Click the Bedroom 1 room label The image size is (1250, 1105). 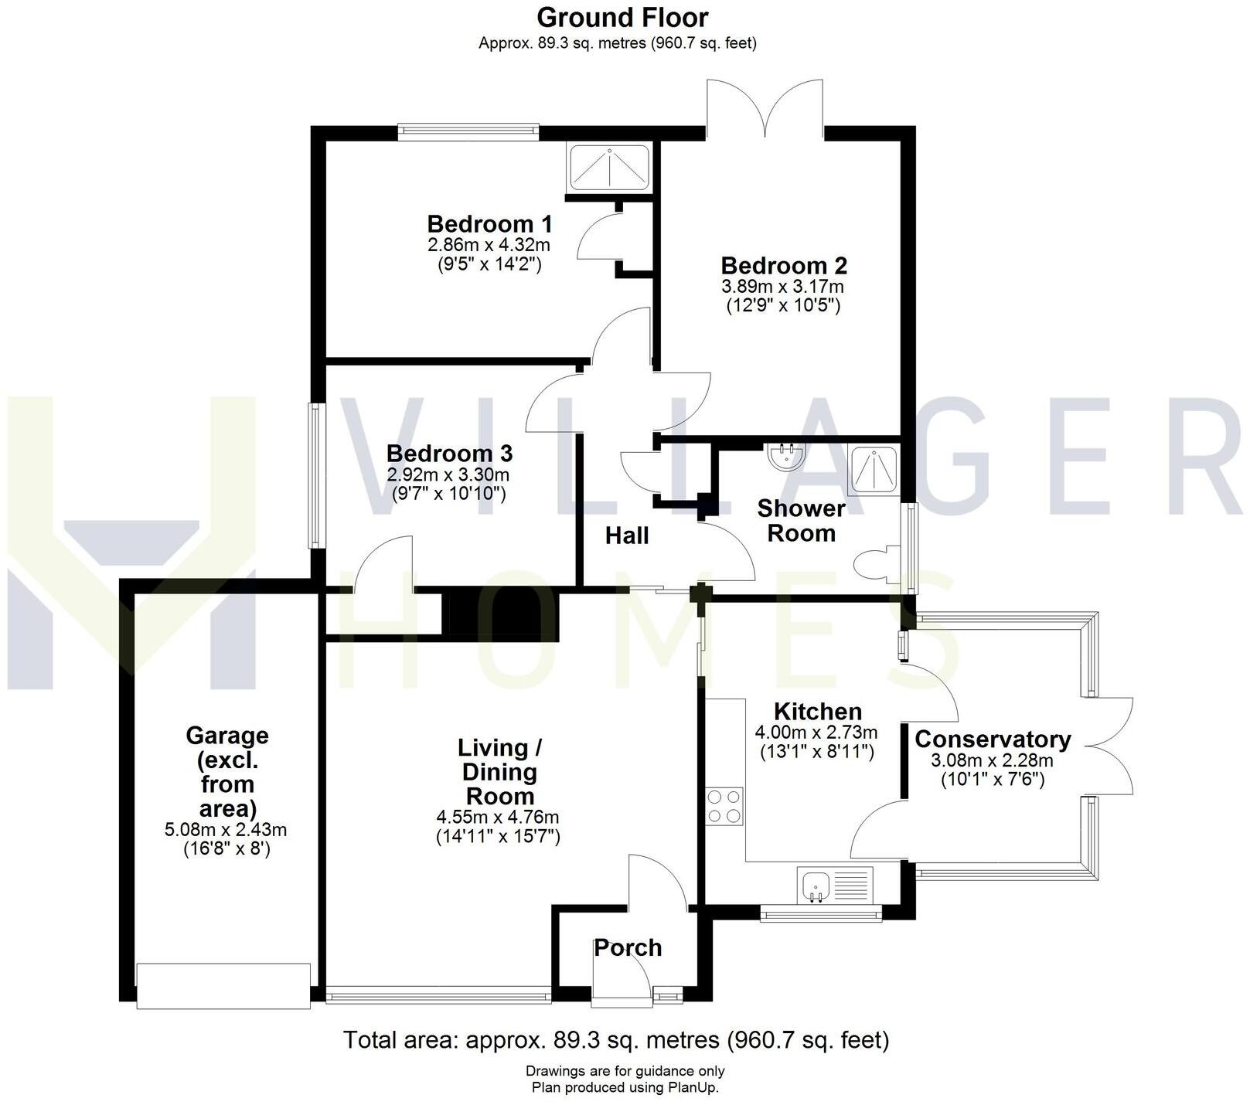tap(489, 224)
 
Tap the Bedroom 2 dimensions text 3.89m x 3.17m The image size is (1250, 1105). tap(783, 287)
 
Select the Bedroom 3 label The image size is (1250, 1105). tap(449, 453)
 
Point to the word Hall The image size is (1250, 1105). tap(627, 535)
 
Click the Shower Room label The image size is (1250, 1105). tap(801, 521)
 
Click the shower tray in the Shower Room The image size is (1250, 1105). tap(874, 471)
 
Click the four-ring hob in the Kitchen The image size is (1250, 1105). tap(724, 805)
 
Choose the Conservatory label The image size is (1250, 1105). tap(993, 739)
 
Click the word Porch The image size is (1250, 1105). tap(628, 947)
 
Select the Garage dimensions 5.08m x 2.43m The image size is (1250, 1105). tap(226, 831)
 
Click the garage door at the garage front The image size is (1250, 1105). tap(223, 985)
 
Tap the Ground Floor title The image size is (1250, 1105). tap(622, 17)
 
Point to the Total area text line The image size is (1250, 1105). tap(616, 1040)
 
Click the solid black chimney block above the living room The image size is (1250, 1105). tap(499, 614)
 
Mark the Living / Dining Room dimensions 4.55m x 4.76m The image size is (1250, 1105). tap(498, 817)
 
